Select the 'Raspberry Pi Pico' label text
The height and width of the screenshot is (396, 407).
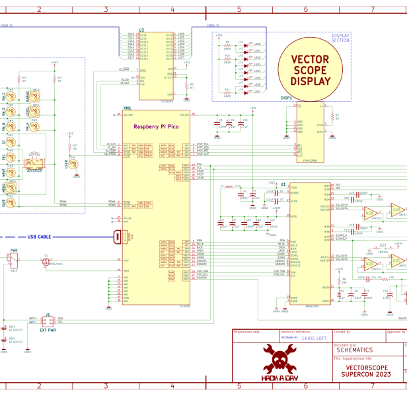coord(155,126)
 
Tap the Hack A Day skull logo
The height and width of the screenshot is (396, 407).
coord(279,363)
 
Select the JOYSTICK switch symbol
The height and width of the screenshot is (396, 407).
coord(33,163)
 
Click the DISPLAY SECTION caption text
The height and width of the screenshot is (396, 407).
coord(340,38)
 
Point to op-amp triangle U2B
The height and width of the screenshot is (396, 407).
coord(370,213)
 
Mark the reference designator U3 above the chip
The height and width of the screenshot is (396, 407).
coord(141,30)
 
